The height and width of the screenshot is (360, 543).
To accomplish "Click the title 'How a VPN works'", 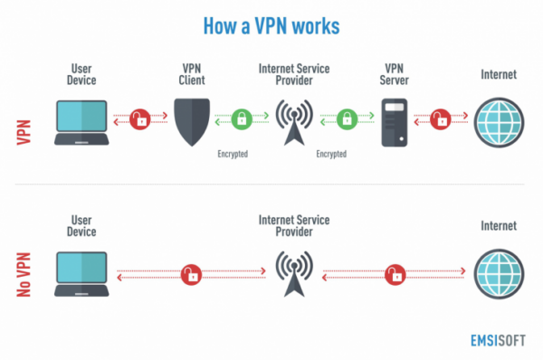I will (272, 25).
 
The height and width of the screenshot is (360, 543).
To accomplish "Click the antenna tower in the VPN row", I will (293, 121).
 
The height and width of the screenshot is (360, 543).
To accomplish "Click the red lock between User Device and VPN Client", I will (140, 118).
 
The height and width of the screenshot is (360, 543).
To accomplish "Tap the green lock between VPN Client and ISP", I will (242, 118).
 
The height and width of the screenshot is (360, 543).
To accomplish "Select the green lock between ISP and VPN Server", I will (345, 118).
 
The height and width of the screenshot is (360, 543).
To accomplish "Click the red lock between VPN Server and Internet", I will (442, 118).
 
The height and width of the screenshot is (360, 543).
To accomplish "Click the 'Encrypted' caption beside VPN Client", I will (233, 154).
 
